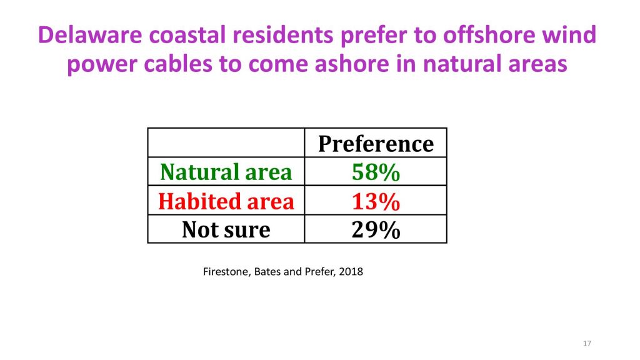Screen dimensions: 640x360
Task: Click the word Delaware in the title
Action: [x=90, y=35]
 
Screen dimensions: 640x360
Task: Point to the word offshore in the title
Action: [x=489, y=35]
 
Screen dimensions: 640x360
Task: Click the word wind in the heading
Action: [x=569, y=35]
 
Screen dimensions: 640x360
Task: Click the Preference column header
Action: [x=376, y=144]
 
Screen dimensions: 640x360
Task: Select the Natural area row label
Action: [x=226, y=172]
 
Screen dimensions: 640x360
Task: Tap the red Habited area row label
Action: [x=226, y=201]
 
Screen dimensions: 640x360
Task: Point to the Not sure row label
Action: [x=226, y=229]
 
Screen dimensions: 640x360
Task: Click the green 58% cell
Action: [x=376, y=172]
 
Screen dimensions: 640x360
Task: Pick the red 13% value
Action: [x=376, y=201]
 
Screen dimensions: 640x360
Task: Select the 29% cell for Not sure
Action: [x=376, y=230]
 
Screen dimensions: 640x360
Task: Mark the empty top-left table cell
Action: [x=226, y=142]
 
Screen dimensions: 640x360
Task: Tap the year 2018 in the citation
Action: [x=351, y=272]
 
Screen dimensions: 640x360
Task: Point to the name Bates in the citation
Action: [x=267, y=272]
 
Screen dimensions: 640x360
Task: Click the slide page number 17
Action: [x=587, y=344]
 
